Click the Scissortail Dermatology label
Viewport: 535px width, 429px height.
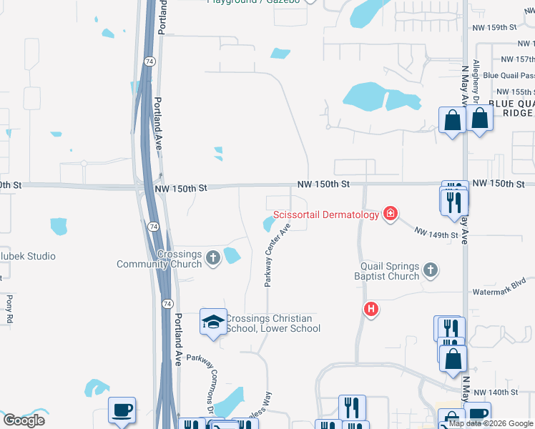[325, 214]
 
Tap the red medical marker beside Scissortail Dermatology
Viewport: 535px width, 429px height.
[390, 213]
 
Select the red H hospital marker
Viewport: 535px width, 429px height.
[370, 309]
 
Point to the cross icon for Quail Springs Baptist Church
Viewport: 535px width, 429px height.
[430, 270]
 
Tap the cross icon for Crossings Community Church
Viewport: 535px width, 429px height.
[212, 257]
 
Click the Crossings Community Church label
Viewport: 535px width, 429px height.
[160, 259]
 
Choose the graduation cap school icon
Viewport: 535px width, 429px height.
[213, 322]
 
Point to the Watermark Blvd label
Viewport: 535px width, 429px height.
[499, 292]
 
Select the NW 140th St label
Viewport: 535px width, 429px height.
[494, 393]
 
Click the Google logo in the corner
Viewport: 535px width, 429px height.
[24, 420]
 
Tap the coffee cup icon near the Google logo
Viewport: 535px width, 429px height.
[122, 410]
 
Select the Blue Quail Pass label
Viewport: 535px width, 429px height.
[509, 75]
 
